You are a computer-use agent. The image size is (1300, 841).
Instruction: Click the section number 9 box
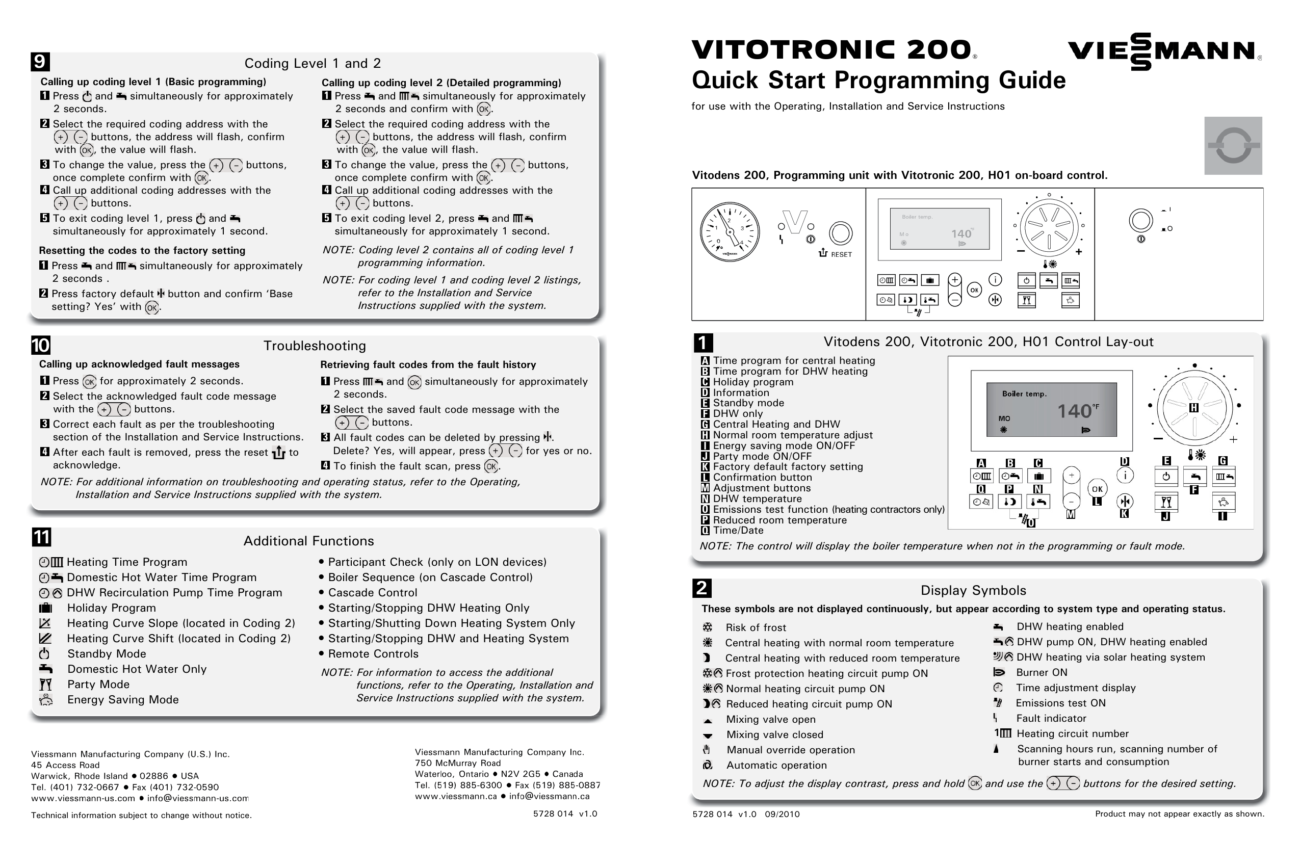pos(40,62)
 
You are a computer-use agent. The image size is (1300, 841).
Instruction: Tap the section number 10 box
pos(40,345)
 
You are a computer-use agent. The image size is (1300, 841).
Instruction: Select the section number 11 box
pos(41,537)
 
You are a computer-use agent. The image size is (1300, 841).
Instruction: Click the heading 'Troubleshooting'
pos(315,346)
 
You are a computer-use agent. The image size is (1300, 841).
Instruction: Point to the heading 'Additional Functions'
pos(308,541)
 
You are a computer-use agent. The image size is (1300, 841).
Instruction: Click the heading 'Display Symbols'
pos(973,590)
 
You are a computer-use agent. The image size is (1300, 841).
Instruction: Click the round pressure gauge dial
pos(729,231)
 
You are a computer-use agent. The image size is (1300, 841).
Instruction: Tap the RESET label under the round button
pos(841,254)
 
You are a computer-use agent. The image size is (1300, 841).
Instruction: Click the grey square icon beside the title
pos(1233,145)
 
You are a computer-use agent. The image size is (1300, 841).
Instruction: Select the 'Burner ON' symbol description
pos(1042,672)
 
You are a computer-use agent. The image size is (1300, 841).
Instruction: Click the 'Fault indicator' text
pos(1051,718)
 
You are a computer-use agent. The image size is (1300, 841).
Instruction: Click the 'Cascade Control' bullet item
pos(373,592)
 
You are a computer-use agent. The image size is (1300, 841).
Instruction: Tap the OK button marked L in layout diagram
pos(1097,489)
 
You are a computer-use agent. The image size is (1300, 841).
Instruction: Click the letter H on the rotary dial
pos(1193,407)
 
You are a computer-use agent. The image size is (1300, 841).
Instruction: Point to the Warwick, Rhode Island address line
pos(115,776)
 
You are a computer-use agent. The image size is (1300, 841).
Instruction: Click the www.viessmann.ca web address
pos(456,796)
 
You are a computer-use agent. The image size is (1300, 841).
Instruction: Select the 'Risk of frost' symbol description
pos(756,627)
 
